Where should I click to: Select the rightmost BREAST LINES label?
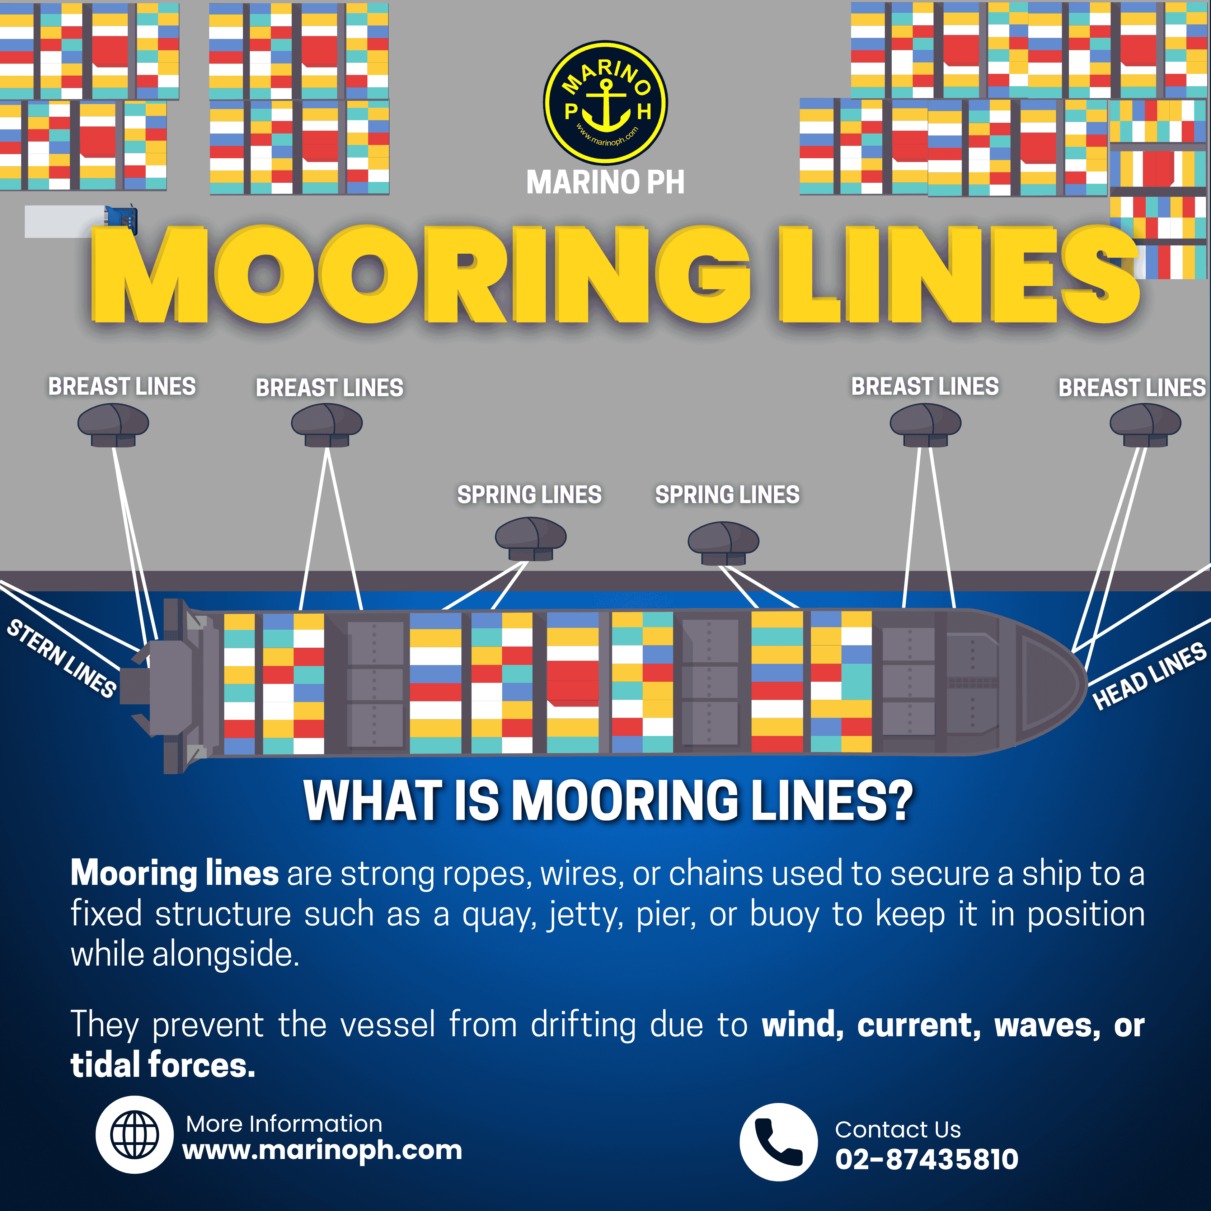tap(1132, 388)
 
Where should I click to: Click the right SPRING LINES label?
tap(727, 494)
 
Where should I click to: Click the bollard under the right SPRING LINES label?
tap(723, 543)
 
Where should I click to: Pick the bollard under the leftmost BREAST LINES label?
tap(113, 424)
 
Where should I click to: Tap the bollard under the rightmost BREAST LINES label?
tap(1145, 424)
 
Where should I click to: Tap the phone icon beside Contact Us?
tap(779, 1142)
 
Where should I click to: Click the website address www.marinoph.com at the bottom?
tap(322, 1150)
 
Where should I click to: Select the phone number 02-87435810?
tap(926, 1159)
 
